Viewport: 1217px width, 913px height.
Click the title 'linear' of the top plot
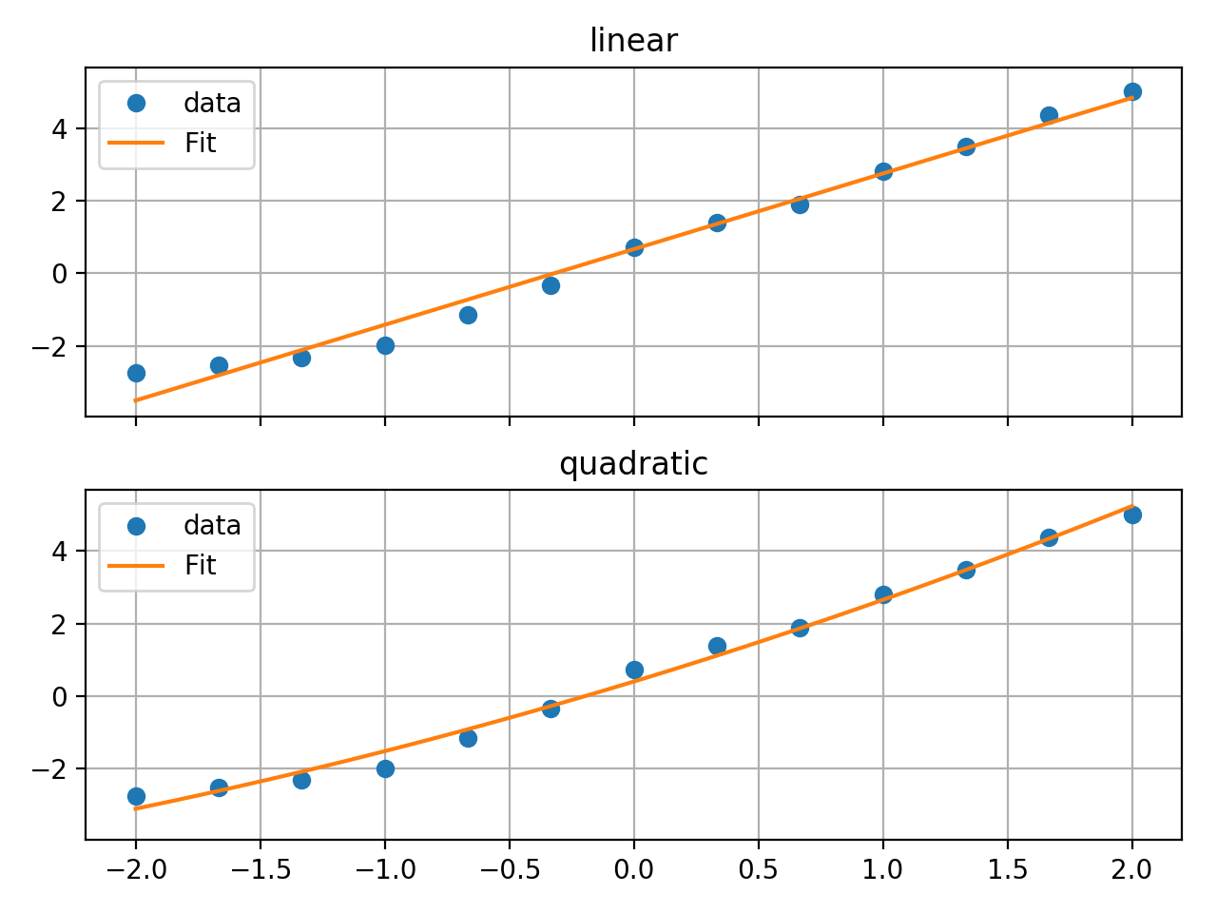tap(633, 41)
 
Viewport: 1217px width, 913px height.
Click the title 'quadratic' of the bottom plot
tap(633, 464)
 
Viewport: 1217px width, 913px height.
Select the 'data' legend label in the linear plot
tap(212, 103)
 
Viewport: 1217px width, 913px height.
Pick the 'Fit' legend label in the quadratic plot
tap(201, 566)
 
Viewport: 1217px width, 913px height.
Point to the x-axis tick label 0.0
tap(633, 870)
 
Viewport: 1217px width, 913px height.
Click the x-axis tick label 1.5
tap(1007, 870)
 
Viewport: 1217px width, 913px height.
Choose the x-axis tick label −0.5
tap(509, 870)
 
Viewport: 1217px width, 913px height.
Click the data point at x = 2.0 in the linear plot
tap(1132, 92)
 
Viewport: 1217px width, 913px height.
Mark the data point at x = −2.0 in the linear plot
tap(136, 373)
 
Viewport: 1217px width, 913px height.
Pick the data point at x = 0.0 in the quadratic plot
tap(634, 670)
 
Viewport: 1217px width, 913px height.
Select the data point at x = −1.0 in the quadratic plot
tap(385, 768)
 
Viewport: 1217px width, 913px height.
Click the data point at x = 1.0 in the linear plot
tap(883, 171)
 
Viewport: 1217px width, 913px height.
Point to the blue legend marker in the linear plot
tap(136, 103)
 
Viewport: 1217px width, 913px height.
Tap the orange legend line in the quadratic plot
tap(136, 566)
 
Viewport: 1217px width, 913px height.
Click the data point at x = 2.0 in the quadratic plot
tap(1132, 515)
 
